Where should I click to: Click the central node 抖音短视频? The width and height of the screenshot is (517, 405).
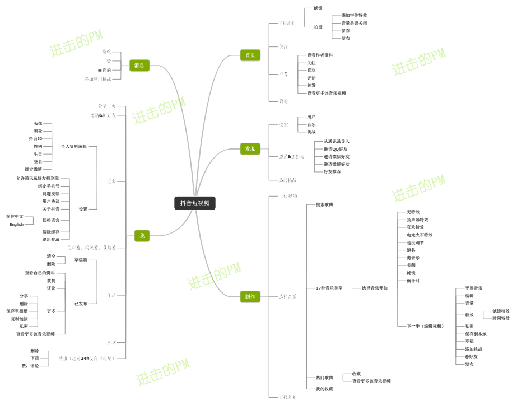click(x=194, y=203)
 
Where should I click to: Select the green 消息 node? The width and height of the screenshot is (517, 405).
click(x=139, y=66)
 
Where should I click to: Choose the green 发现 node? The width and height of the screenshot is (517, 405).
click(x=250, y=148)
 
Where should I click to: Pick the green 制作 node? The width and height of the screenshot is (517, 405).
click(x=250, y=296)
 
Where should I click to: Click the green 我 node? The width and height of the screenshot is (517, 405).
click(x=142, y=236)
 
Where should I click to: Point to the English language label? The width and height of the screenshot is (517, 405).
click(x=16, y=224)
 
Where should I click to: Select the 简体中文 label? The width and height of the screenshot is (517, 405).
click(x=15, y=216)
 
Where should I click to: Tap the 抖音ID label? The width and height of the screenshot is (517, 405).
click(x=36, y=138)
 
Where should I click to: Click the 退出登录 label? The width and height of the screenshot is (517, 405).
click(x=50, y=239)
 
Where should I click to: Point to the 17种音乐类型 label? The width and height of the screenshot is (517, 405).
click(x=329, y=288)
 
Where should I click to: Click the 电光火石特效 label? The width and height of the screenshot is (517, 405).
click(x=420, y=235)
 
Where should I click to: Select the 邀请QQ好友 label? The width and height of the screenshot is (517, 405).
click(x=336, y=149)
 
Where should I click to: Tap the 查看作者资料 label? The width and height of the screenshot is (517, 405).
click(x=320, y=55)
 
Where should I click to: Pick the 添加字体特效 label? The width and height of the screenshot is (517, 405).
click(x=354, y=15)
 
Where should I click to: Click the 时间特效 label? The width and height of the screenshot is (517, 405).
click(x=501, y=318)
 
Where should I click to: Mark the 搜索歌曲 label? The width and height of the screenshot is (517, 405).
click(x=324, y=204)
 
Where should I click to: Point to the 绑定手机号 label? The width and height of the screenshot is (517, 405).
click(x=49, y=186)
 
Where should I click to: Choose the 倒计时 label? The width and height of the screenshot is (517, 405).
click(x=413, y=281)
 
